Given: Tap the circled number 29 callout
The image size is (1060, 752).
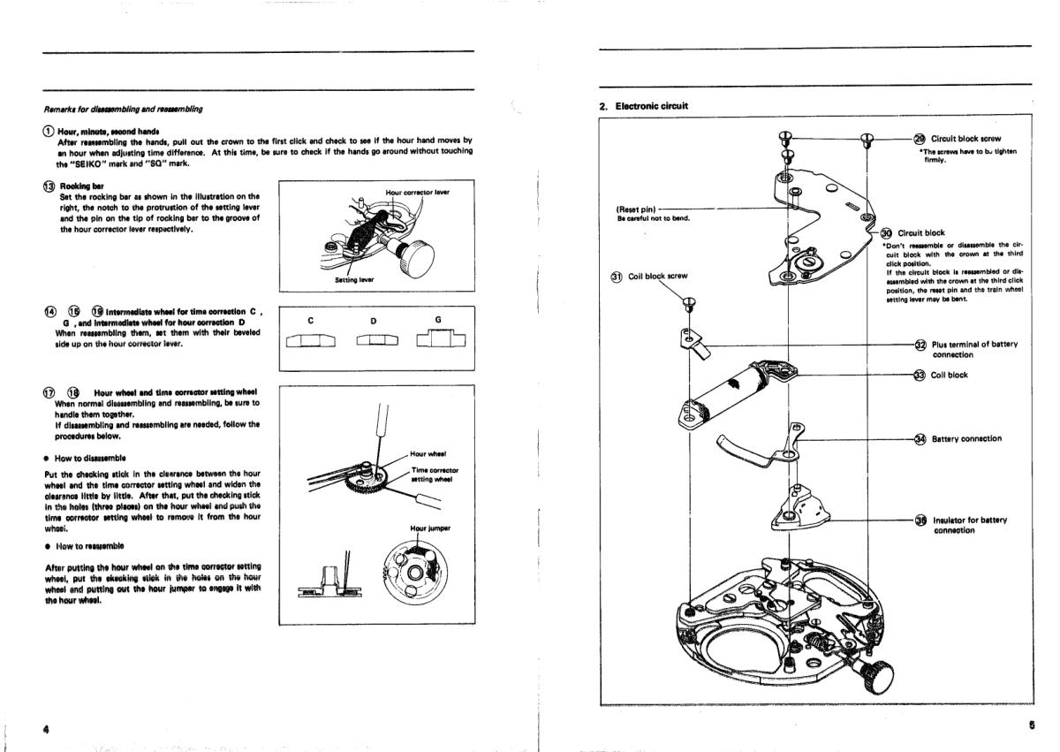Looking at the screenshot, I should [920, 139].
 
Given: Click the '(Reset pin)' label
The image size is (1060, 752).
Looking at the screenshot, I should [636, 209].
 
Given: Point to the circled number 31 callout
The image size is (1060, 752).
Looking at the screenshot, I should [617, 276].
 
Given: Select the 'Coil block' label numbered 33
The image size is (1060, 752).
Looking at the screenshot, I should [950, 375].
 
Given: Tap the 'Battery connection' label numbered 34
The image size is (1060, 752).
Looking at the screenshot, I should [966, 438].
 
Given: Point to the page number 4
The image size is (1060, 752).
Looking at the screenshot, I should [44, 729].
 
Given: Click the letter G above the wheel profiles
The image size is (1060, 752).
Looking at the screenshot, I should [438, 320].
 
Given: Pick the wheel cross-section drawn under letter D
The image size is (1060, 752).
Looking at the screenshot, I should [375, 341].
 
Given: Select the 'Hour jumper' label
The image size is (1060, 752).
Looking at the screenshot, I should [430, 528].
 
